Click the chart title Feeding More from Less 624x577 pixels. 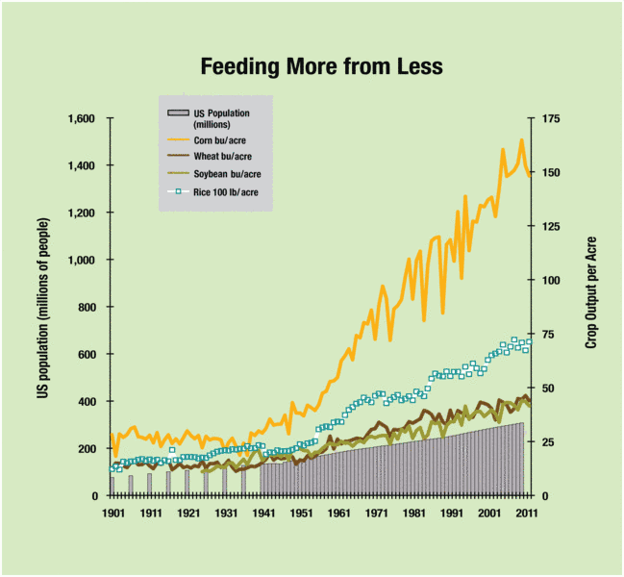coord(321,66)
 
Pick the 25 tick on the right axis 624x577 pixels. coord(549,442)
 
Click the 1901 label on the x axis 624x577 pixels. coord(113,514)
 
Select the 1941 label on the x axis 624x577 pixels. coord(263,514)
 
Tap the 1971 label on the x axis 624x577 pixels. coord(376,514)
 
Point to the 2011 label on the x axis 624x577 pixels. coord(526,514)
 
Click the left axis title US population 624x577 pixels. coord(44,307)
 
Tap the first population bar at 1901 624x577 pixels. coord(112,486)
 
